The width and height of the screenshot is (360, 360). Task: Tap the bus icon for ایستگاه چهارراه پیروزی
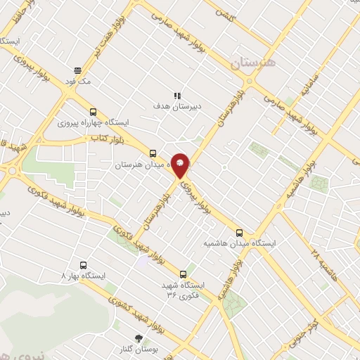tap(94, 111)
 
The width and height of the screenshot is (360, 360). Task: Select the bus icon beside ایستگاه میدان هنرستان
tap(153, 153)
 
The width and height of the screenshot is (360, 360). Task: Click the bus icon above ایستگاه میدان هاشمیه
tap(240, 232)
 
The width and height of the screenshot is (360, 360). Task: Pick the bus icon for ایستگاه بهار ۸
tap(84, 265)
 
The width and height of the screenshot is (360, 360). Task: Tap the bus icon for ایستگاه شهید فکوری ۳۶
tap(184, 274)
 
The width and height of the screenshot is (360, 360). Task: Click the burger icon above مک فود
tap(78, 70)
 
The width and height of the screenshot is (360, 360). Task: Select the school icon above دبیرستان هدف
tap(177, 96)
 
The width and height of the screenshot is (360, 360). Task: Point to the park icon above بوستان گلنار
tap(138, 338)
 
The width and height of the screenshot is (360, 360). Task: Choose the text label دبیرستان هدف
tap(178, 107)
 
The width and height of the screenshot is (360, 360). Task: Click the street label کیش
tap(224, 14)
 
